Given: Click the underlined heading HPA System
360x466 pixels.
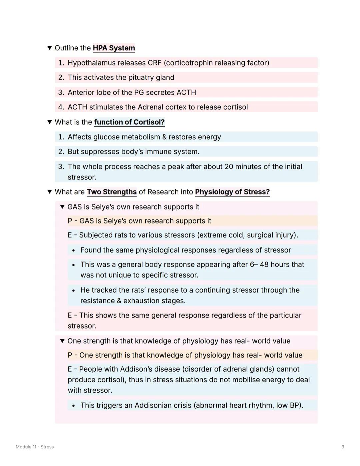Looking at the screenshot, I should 114,48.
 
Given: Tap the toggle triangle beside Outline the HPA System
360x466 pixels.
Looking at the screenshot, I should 50,48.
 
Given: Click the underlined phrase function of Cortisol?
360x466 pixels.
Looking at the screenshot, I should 129,122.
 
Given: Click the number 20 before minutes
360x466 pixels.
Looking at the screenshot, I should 229,166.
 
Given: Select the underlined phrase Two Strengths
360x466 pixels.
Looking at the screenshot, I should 112,192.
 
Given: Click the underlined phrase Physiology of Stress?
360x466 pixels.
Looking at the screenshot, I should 232,192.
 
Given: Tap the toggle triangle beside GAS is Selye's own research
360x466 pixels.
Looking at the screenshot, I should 62,207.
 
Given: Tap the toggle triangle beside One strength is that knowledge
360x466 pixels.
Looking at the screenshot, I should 62,341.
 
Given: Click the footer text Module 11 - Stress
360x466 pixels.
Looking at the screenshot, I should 35,447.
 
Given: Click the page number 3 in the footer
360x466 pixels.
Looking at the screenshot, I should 343,447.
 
